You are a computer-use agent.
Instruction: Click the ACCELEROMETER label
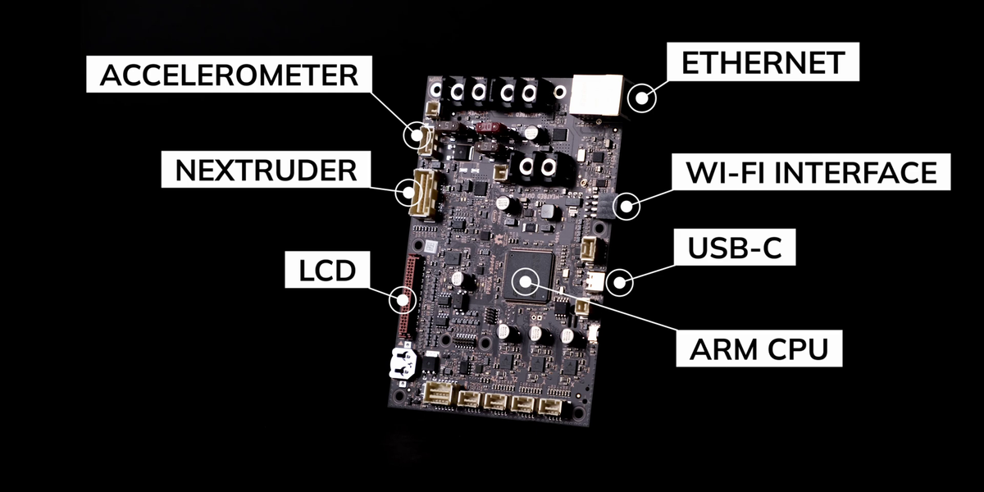pos(229,75)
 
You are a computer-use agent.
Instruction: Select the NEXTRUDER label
pos(266,171)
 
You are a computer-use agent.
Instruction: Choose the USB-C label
pos(733,248)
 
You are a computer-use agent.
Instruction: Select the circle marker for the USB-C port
pos(618,283)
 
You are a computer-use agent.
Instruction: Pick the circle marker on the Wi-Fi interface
pos(627,206)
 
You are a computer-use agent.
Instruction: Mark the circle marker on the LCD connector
pos(403,299)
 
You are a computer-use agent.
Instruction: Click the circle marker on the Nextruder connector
pos(408,193)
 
